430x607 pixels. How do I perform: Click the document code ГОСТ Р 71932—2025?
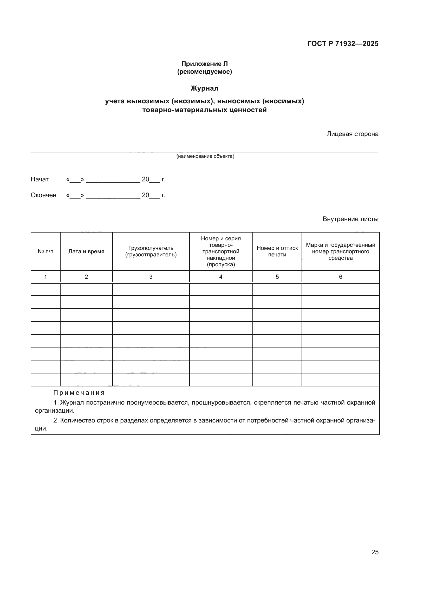[343, 44]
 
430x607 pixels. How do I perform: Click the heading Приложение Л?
[204, 64]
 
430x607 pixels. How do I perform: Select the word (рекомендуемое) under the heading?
[204, 72]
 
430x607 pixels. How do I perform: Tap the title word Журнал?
[204, 88]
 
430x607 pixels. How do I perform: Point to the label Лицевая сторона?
[353, 134]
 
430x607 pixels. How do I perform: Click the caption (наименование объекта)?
[205, 156]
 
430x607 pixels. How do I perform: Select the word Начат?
[40, 179]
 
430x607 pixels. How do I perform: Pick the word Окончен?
[43, 195]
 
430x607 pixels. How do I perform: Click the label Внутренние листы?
[350, 219]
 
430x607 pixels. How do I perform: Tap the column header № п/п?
[45, 251]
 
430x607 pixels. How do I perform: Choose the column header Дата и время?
[86, 251]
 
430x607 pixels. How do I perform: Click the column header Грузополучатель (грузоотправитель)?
[151, 251]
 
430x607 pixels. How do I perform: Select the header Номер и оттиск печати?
[277, 251]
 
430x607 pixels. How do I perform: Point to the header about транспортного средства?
[341, 251]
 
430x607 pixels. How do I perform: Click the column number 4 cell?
[221, 277]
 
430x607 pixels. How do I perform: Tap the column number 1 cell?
[45, 277]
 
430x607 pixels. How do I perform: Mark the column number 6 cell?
[341, 277]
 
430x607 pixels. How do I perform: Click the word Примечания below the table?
[79, 393]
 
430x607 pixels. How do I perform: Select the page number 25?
[375, 552]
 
